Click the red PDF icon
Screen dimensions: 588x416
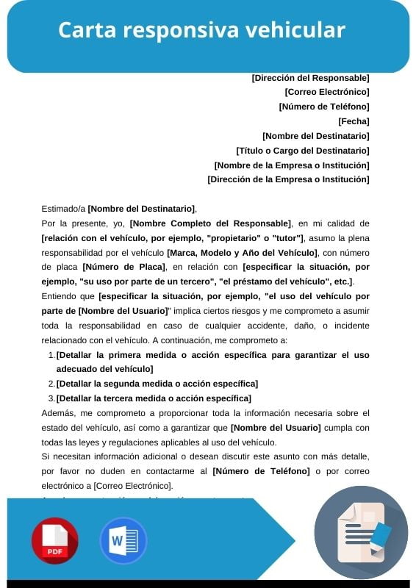(54, 541)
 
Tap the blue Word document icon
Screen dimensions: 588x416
(123, 541)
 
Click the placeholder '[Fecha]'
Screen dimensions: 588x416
(354, 121)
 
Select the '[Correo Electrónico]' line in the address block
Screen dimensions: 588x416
(327, 92)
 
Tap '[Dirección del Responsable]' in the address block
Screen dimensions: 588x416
(310, 77)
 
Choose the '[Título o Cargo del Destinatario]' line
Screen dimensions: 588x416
(303, 150)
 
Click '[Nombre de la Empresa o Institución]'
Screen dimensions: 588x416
(292, 165)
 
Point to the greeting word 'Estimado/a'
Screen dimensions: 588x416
(64, 209)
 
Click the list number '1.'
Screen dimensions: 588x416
(51, 354)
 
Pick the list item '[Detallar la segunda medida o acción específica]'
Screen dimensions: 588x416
(157, 384)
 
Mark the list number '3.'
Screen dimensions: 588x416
(51, 398)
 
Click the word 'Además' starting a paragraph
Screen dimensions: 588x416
(58, 413)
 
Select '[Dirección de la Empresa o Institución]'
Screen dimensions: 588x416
(288, 179)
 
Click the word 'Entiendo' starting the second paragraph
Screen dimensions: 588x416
(60, 296)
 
